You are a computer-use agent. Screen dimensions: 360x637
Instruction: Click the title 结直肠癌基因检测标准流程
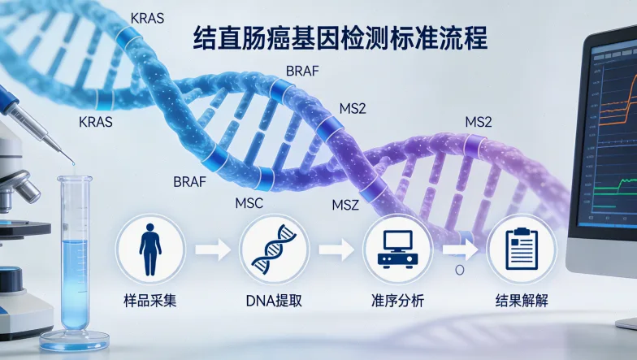tap(341, 39)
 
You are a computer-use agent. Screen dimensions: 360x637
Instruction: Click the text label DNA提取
tap(274, 301)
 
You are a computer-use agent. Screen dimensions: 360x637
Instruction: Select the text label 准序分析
tap(396, 301)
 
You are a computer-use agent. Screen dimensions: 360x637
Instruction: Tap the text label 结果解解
tap(521, 301)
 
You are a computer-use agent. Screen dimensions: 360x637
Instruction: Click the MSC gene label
tap(248, 202)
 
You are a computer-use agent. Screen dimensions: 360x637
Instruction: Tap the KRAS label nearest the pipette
tap(95, 123)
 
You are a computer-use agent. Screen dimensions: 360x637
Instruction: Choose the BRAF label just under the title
tap(302, 71)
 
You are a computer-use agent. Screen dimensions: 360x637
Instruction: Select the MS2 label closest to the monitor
tap(478, 122)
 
